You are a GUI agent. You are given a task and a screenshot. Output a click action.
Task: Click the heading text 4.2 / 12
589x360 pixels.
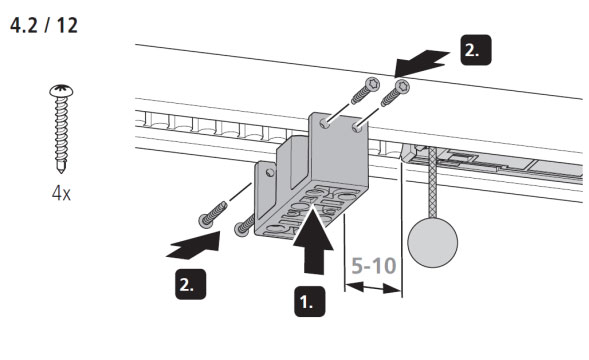click(44, 26)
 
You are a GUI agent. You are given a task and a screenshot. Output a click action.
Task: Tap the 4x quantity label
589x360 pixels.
click(61, 193)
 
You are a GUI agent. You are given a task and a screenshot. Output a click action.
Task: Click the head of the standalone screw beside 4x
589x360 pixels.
click(61, 91)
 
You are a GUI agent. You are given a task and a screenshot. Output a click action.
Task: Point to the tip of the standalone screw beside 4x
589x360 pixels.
click(61, 172)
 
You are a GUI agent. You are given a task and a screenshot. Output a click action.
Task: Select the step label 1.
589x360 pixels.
click(310, 301)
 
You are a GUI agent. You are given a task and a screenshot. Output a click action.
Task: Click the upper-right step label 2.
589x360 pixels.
click(476, 50)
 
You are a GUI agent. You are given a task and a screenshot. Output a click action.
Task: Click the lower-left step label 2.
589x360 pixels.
click(190, 284)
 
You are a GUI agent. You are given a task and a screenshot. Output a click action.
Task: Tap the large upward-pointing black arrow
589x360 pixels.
click(313, 242)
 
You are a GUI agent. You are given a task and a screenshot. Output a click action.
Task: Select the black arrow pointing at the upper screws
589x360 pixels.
click(421, 64)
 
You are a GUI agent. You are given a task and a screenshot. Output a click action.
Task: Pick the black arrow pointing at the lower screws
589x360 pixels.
click(194, 246)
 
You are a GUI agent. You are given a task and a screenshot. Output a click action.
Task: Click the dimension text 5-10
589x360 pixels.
click(374, 266)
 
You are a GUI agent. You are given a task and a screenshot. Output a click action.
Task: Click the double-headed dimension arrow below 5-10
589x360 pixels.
click(373, 288)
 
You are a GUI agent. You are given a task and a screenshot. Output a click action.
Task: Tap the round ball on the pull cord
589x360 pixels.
click(433, 242)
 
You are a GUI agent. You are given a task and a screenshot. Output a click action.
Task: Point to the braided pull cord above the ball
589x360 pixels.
click(433, 182)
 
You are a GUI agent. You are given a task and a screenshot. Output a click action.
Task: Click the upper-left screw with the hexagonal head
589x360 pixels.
click(365, 91)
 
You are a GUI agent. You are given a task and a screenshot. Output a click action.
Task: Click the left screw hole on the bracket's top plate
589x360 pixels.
click(325, 124)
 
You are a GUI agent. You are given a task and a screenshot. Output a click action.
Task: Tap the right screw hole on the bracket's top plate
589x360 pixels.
click(357, 128)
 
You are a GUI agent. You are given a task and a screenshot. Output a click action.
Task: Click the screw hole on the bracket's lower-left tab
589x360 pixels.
click(270, 173)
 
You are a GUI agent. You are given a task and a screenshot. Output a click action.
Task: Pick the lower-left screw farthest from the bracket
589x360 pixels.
click(213, 215)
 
